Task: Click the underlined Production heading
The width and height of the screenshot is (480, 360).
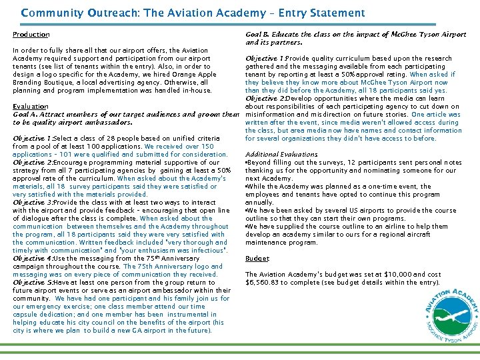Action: coord(31,35)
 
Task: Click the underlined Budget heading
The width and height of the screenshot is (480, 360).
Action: coord(257,258)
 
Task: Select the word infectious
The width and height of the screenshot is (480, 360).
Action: coord(206,250)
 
